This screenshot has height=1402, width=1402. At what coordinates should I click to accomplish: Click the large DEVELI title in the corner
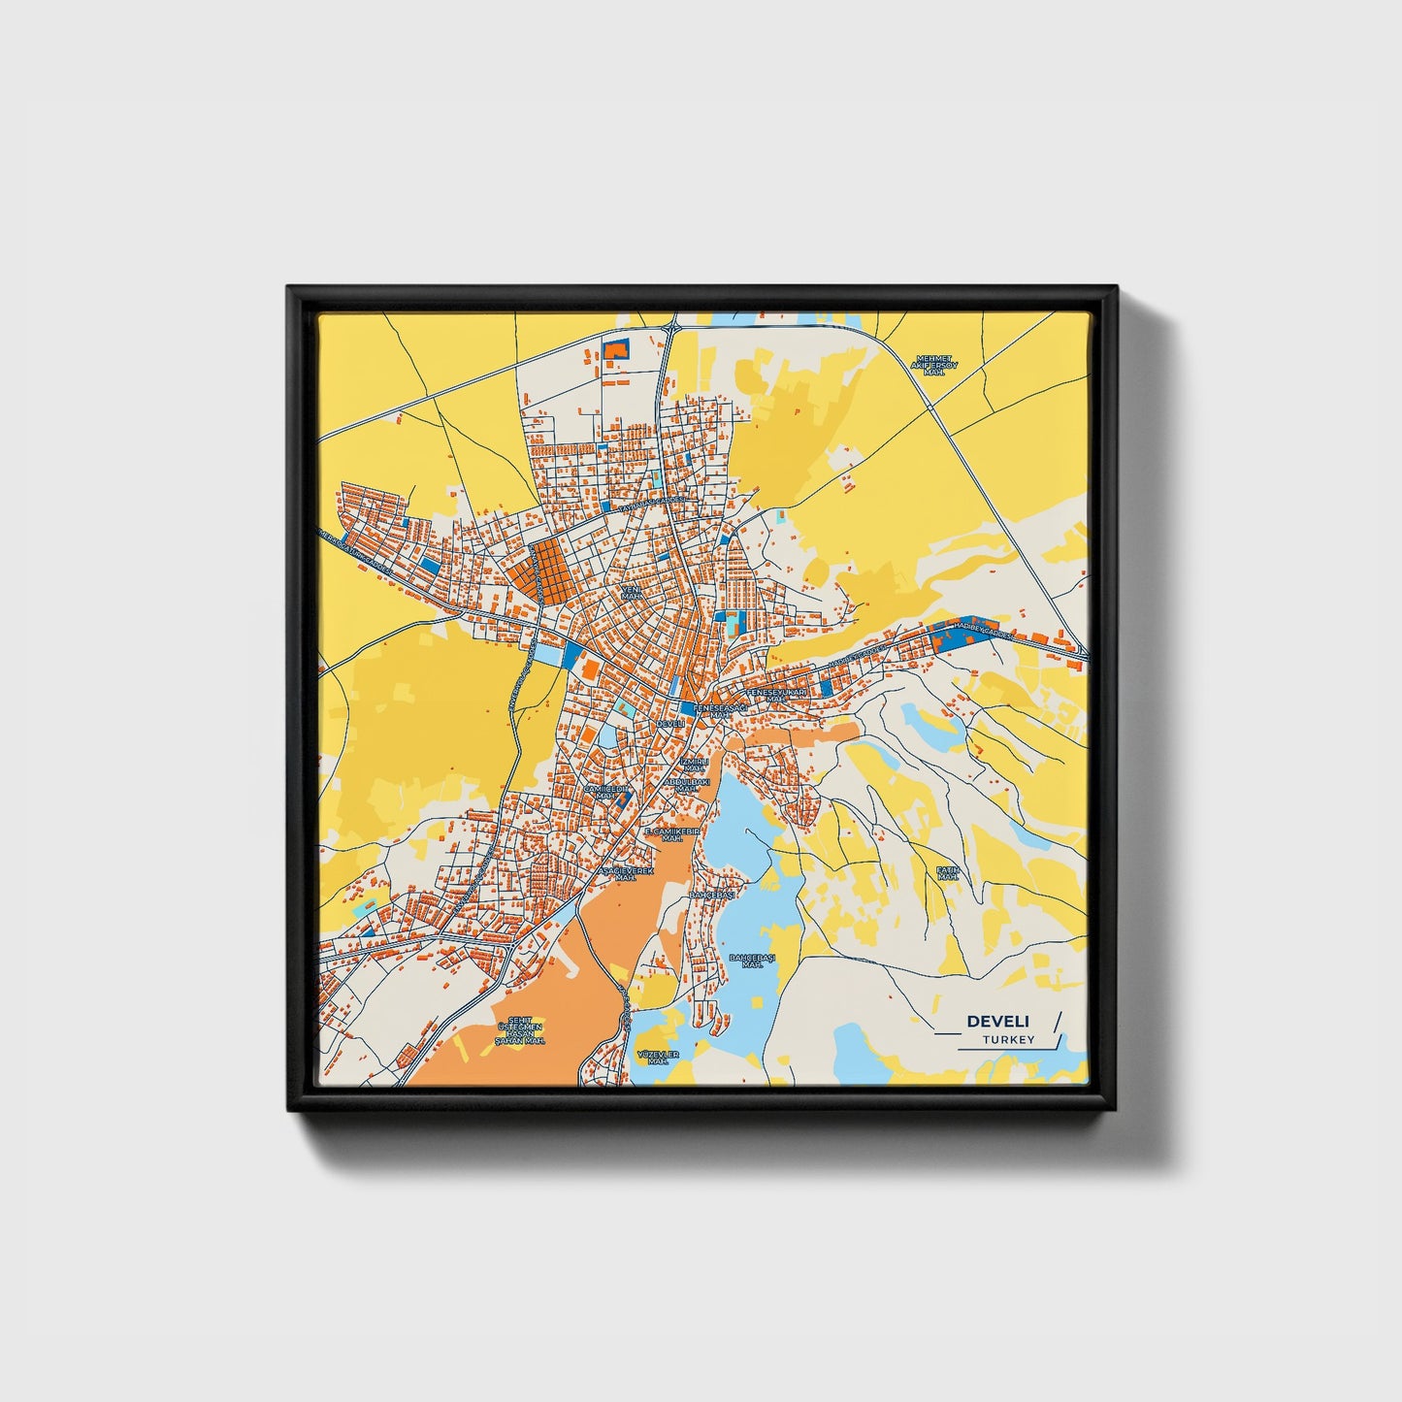[x=998, y=1021]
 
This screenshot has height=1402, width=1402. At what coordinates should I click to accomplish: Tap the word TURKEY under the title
[x=1008, y=1039]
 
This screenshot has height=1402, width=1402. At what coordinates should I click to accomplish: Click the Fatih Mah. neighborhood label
[x=947, y=872]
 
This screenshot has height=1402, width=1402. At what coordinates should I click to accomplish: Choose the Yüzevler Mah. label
[x=658, y=1057]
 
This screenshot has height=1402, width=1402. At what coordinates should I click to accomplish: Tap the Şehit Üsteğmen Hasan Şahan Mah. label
[x=520, y=1030]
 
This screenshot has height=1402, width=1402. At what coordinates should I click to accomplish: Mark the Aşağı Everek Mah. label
[x=625, y=874]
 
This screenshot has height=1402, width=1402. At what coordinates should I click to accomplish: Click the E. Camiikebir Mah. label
[x=672, y=834]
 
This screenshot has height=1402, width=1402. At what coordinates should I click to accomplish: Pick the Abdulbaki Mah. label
[x=687, y=784]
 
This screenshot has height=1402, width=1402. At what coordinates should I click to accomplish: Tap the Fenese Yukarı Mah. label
[x=775, y=695]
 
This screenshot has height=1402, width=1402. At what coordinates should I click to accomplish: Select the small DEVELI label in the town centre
[x=670, y=723]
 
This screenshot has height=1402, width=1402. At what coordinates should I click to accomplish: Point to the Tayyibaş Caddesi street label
[x=652, y=505]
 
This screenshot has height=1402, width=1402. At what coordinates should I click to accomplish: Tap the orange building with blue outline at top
[x=616, y=349]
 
